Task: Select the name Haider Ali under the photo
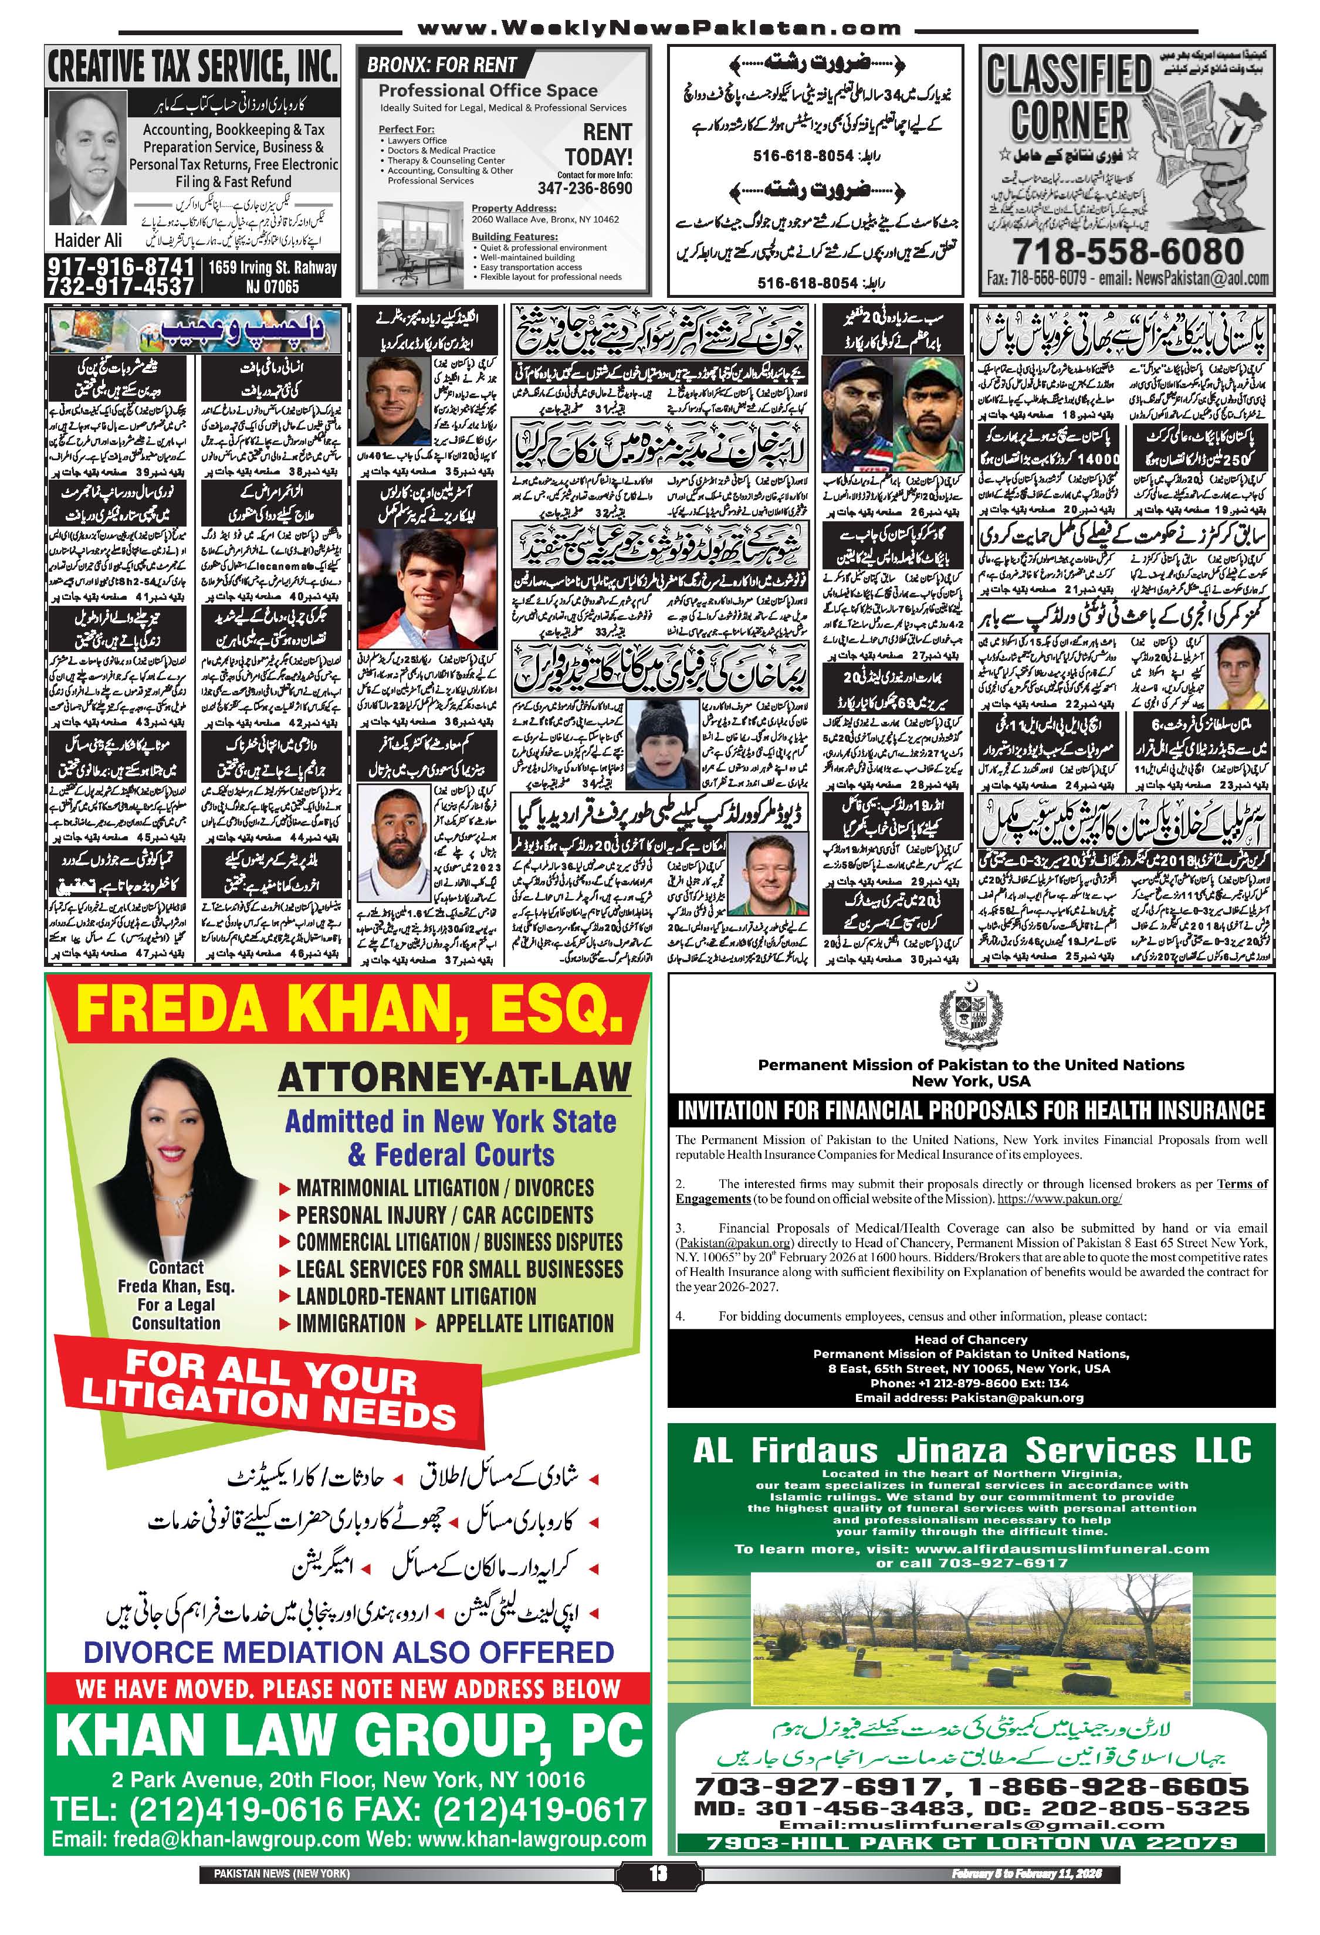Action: coord(88,240)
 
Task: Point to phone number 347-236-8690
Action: coord(585,188)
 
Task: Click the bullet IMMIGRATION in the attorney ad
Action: coord(351,1324)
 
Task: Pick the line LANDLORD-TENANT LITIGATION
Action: coord(417,1296)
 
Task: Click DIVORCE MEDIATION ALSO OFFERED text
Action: coord(349,1652)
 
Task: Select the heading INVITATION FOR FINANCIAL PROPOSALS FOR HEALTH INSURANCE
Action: coord(971,1111)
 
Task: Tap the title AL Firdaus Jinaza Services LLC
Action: coord(971,1451)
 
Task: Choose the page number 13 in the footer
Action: coord(658,1868)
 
